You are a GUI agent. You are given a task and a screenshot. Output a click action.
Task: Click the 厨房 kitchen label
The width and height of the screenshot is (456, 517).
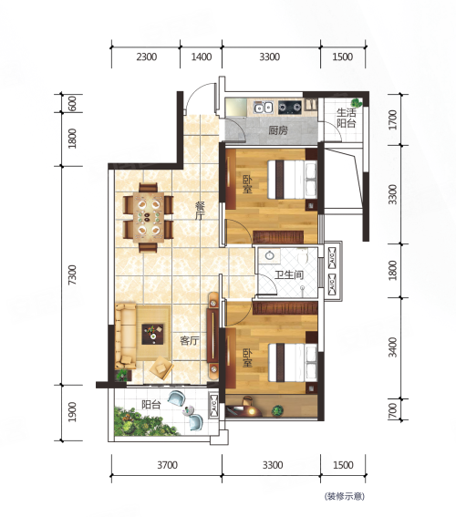(x=278, y=130)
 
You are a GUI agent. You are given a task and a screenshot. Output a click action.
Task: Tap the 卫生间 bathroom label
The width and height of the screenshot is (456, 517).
(x=288, y=274)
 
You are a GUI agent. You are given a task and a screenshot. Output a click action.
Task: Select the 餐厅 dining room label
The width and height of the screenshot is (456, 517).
(x=200, y=212)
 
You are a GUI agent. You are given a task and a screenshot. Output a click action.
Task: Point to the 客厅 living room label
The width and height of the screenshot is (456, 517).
(x=190, y=341)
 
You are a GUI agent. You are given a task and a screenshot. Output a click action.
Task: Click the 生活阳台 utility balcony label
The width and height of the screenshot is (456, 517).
(x=347, y=118)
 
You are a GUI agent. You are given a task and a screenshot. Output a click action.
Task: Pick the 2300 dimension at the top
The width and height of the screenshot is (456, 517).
(x=147, y=57)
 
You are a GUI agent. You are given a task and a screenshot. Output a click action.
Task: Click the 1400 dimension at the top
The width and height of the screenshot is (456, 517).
(x=202, y=57)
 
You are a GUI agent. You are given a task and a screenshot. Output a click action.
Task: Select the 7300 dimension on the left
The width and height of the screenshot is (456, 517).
(x=72, y=274)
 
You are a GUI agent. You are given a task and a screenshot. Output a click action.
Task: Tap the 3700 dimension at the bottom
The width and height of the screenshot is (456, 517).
(x=167, y=465)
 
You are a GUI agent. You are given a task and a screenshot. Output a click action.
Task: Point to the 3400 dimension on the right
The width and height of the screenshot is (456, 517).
(x=393, y=346)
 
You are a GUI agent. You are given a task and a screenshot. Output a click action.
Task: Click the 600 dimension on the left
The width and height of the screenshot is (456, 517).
(x=72, y=103)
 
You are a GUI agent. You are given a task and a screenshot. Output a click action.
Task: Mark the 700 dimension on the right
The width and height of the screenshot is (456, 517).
(x=393, y=409)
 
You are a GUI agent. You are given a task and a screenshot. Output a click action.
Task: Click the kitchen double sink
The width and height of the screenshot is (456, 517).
(x=264, y=107)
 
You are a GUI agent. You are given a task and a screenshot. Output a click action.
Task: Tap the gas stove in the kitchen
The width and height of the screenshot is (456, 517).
(x=290, y=107)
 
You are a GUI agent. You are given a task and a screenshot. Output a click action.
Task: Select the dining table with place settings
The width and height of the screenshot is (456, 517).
(x=149, y=218)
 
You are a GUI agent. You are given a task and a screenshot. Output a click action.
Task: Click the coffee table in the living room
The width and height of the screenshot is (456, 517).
(x=152, y=335)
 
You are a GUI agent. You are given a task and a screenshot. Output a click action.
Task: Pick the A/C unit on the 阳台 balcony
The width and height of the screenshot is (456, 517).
(x=213, y=405)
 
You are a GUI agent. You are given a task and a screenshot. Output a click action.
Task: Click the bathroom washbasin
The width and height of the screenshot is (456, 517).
(x=270, y=255)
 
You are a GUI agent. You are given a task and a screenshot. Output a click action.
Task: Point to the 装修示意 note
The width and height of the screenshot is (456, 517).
(x=344, y=496)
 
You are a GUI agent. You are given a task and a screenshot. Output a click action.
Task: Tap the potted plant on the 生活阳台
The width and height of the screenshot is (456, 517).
(x=356, y=102)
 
